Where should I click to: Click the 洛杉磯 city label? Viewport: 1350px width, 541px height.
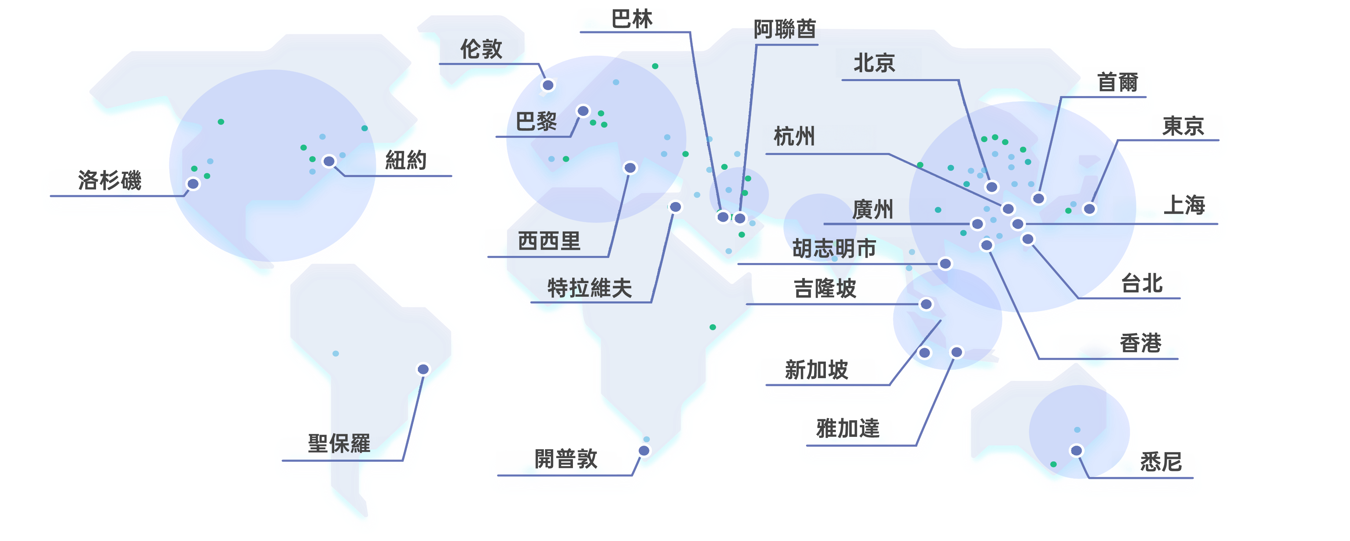tap(110, 180)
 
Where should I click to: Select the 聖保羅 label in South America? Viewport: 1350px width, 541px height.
tap(339, 443)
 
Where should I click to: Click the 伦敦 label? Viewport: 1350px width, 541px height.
tap(481, 49)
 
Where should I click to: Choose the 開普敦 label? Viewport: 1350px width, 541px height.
tap(566, 459)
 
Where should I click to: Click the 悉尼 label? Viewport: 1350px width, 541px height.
tap(1161, 462)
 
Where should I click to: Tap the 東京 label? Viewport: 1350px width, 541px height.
tap(1183, 126)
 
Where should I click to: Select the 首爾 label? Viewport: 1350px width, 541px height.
tap(1117, 82)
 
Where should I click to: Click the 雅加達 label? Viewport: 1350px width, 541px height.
tap(847, 428)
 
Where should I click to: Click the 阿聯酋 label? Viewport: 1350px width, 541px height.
tap(784, 29)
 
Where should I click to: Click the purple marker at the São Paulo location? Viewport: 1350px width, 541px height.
tap(423, 369)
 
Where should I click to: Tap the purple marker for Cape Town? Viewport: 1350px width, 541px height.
tap(644, 450)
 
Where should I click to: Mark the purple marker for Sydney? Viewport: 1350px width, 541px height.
tap(1076, 450)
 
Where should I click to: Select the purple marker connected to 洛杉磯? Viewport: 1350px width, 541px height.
tap(194, 183)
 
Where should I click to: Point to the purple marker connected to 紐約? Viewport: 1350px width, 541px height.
tap(328, 161)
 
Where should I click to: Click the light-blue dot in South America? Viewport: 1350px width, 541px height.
tap(335, 353)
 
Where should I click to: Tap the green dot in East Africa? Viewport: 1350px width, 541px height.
tap(712, 327)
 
